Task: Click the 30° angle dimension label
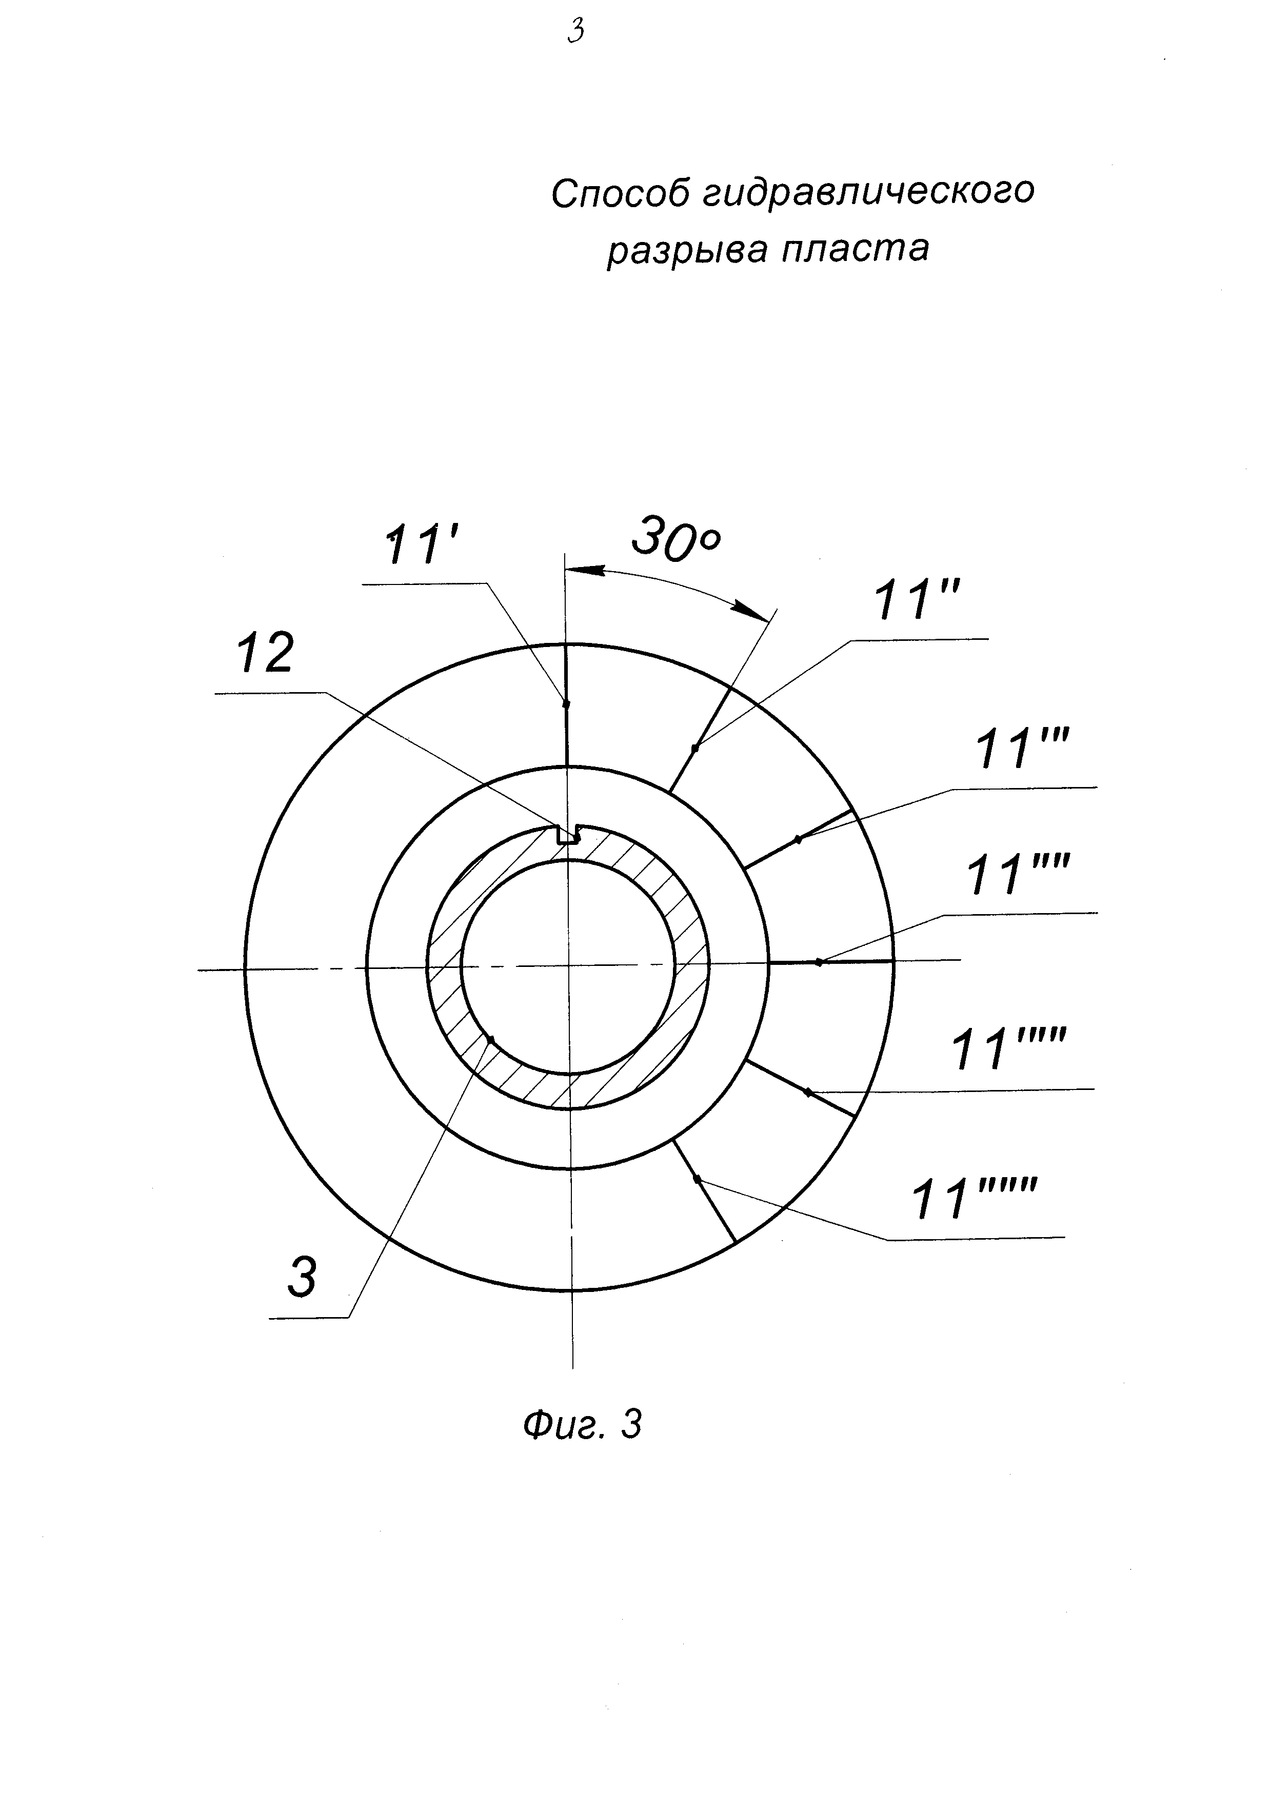[x=675, y=539]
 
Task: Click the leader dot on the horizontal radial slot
[x=819, y=962]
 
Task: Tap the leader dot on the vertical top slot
[x=566, y=703]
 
